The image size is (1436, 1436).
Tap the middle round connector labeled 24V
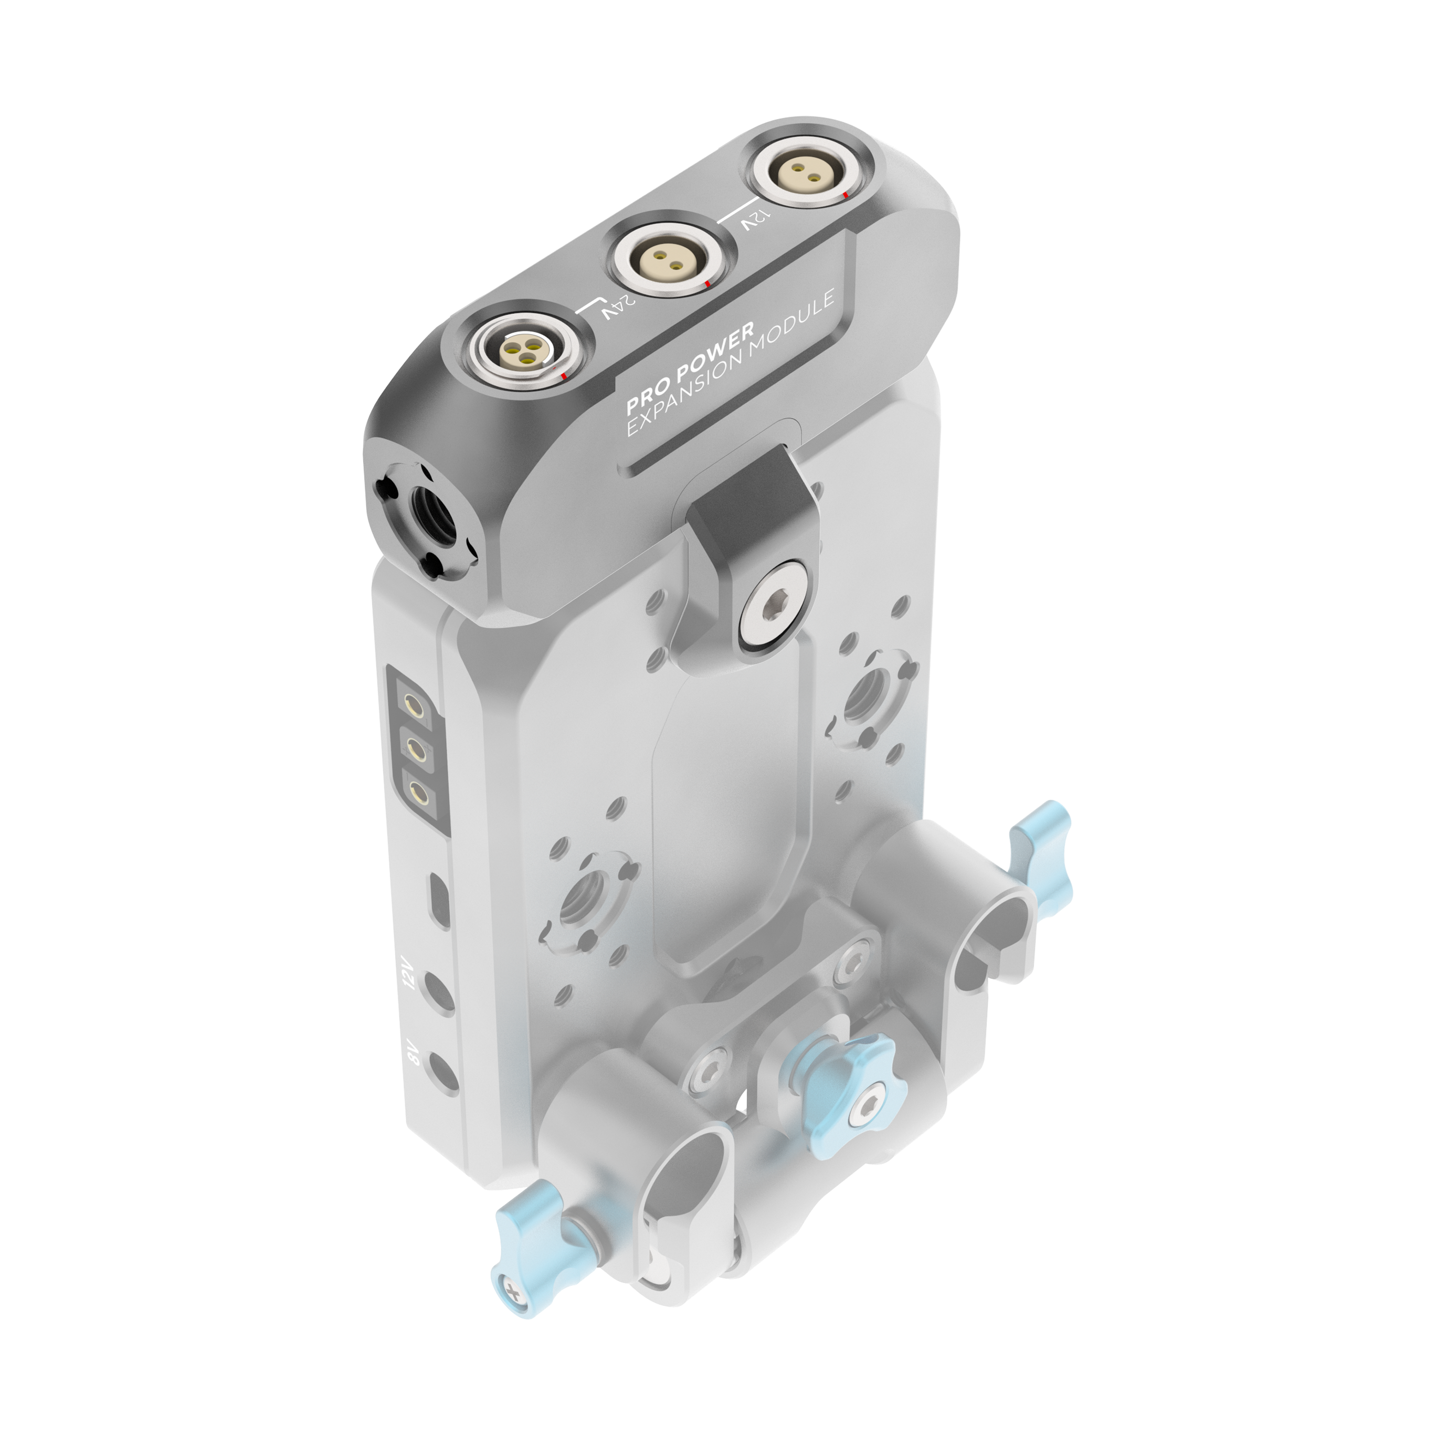tap(666, 261)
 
